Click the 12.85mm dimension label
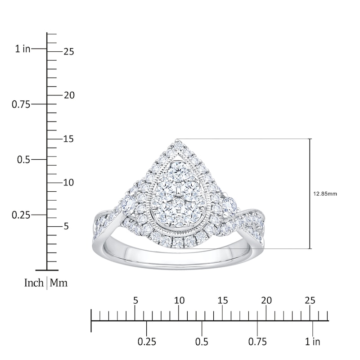pos(324,194)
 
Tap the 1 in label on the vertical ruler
pos(22,49)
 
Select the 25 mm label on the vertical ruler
pos(68,52)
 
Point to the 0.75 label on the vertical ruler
pos(21,104)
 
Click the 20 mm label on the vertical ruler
pos(68,95)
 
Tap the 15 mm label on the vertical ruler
pos(68,139)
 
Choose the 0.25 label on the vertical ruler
pos(21,215)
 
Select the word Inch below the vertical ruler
pos(34,283)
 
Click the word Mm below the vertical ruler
pos(58,283)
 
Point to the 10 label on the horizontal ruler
pos(179,301)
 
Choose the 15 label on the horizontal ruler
pos(223,301)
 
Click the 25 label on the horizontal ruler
pos(310,301)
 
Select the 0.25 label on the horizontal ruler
pos(146,342)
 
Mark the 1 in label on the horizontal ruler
pos(312,342)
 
